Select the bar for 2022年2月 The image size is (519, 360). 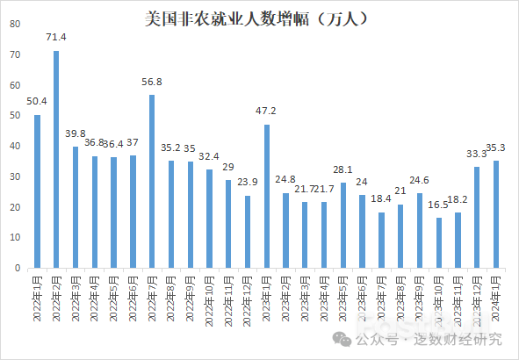click(56, 159)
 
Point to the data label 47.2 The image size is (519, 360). click(266, 112)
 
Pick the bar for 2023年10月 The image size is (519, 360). click(439, 242)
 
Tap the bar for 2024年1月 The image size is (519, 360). click(496, 214)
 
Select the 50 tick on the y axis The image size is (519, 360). click(16, 116)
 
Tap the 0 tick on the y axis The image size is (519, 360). click(18, 268)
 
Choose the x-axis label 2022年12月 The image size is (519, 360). click(248, 299)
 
